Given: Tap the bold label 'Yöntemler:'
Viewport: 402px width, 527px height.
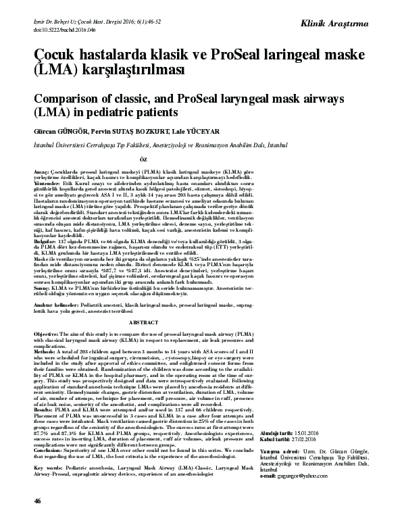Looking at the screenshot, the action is pos(47,184).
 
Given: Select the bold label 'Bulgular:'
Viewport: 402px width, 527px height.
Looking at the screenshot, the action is pos(45,240).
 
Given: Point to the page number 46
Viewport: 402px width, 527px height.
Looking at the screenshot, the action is pos(37,518).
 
